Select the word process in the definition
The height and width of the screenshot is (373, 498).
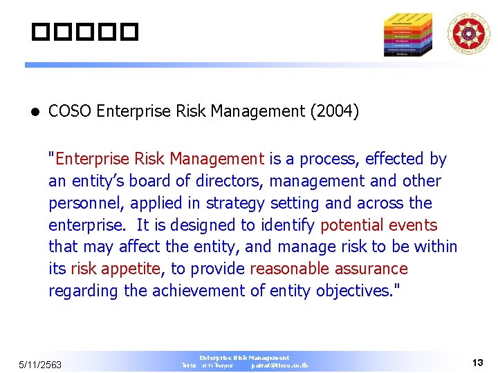pos(326,160)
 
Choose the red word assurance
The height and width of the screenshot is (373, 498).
pos(371,269)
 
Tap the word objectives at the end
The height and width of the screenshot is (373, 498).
pos(353,291)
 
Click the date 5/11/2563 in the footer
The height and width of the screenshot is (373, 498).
pos(40,365)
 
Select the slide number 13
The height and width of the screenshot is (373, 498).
pos(477,363)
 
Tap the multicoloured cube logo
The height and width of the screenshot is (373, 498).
pos(408,34)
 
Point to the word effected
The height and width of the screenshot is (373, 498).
pos(396,160)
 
